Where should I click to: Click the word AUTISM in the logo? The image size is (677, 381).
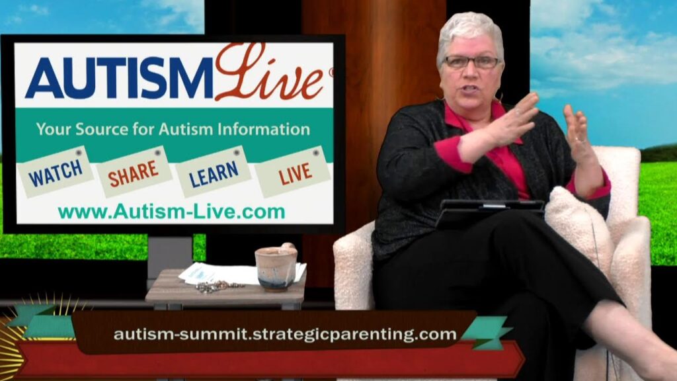coord(120,78)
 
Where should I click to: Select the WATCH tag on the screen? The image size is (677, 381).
coord(56,172)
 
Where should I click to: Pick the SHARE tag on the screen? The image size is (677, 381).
coord(134,173)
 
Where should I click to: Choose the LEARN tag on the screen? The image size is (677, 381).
coord(214,172)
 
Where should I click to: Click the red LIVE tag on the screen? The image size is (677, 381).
coord(293,173)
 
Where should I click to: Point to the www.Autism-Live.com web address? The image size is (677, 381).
coord(172,212)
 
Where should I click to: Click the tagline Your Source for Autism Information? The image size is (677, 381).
coord(173,129)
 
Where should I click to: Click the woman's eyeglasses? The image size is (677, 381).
coord(471,62)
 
